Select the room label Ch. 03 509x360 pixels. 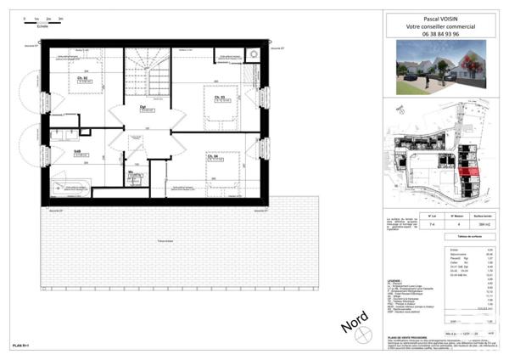(x=220, y=98)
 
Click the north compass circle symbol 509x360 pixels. (x=366, y=338)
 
